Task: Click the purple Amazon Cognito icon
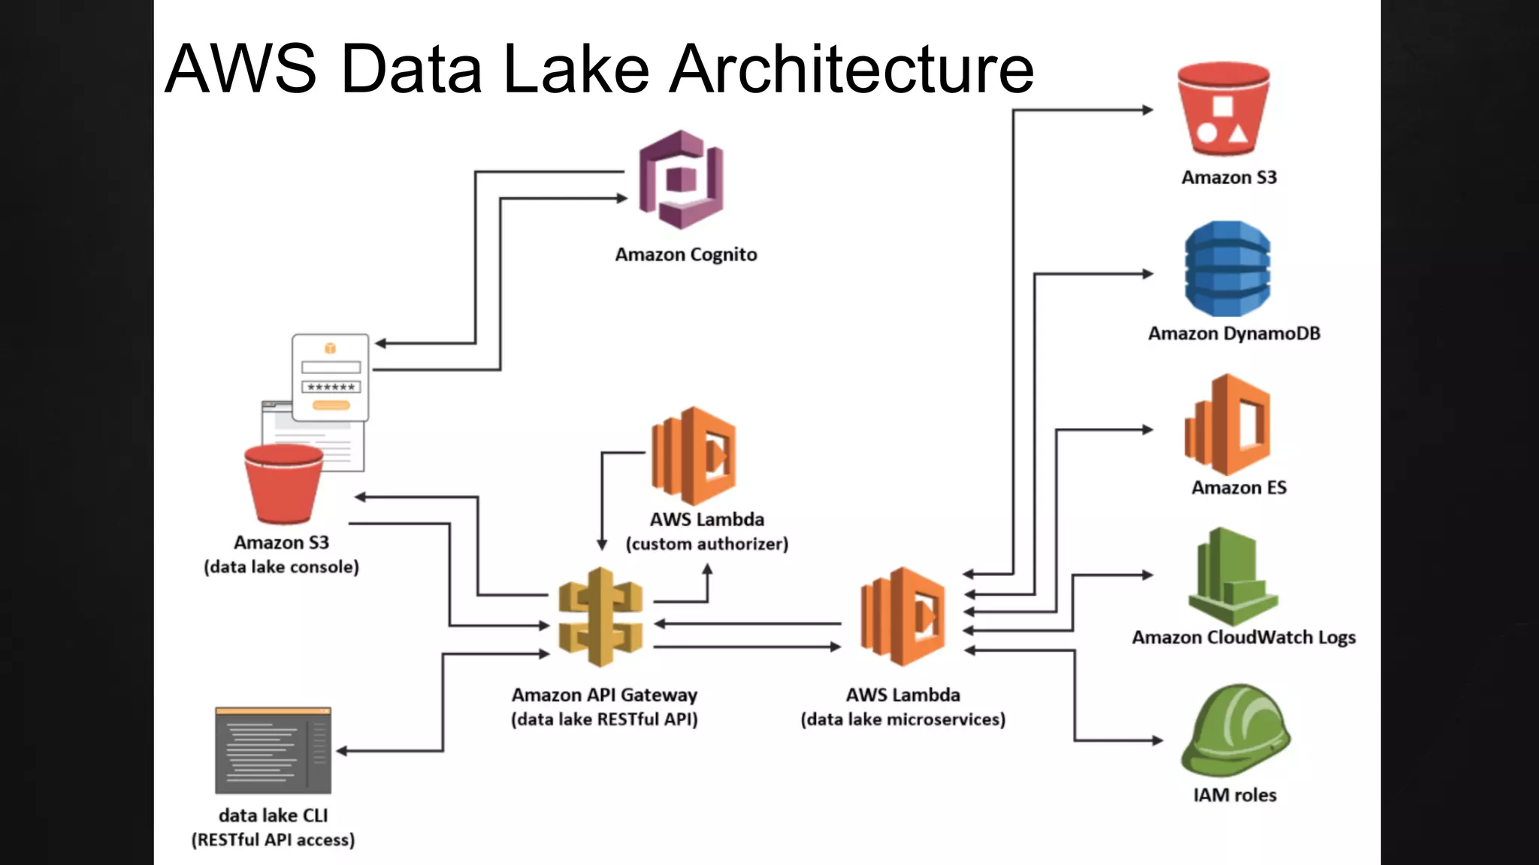[x=681, y=180]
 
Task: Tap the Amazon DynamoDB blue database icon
[x=1227, y=269]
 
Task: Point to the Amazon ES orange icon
[x=1228, y=425]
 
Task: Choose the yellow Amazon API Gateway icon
[x=600, y=617]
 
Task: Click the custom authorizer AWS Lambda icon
[x=694, y=456]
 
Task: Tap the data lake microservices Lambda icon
[x=903, y=616]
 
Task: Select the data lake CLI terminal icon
[x=273, y=750]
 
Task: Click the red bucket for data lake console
[x=283, y=484]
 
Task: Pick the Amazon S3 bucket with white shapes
[x=1223, y=109]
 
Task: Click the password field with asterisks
[x=331, y=387]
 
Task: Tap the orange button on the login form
[x=331, y=405]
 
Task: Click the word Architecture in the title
[x=851, y=69]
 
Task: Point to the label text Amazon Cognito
[x=685, y=255]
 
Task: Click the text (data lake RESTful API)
[x=604, y=719]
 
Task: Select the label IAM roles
[x=1235, y=795]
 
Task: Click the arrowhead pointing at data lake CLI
[x=341, y=751]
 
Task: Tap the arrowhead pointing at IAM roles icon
[x=1157, y=740]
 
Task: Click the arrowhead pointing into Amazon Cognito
[x=622, y=198]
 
